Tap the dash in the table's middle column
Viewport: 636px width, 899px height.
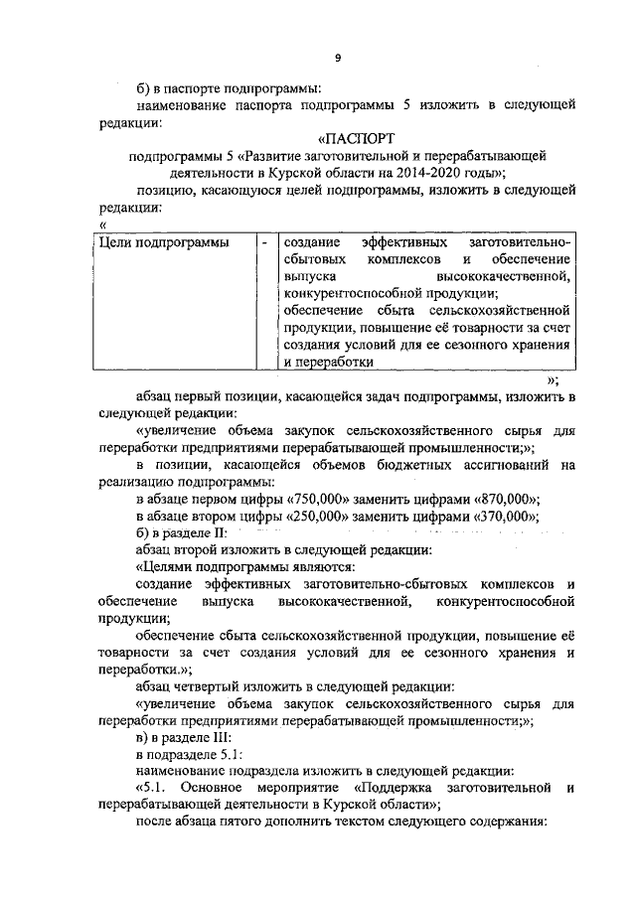pyautogui.click(x=263, y=242)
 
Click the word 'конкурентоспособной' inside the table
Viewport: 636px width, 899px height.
pyautogui.click(x=347, y=294)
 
